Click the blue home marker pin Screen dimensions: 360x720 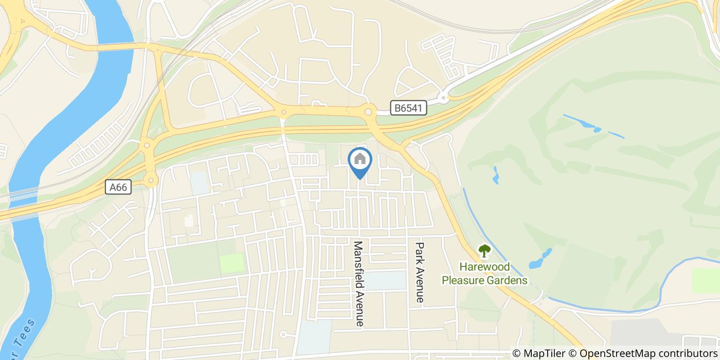(x=360, y=160)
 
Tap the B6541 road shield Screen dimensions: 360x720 (x=408, y=108)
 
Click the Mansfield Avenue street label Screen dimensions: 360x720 (x=358, y=283)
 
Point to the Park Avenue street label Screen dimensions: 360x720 (x=420, y=272)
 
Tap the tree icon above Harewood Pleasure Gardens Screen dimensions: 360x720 (x=484, y=251)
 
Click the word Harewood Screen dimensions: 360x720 (x=484, y=267)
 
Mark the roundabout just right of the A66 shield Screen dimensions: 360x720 (x=150, y=180)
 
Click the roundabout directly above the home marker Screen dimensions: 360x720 (x=368, y=112)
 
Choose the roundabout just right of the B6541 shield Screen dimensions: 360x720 (x=443, y=98)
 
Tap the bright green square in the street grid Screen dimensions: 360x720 (x=231, y=263)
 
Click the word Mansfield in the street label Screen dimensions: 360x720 (x=358, y=262)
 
